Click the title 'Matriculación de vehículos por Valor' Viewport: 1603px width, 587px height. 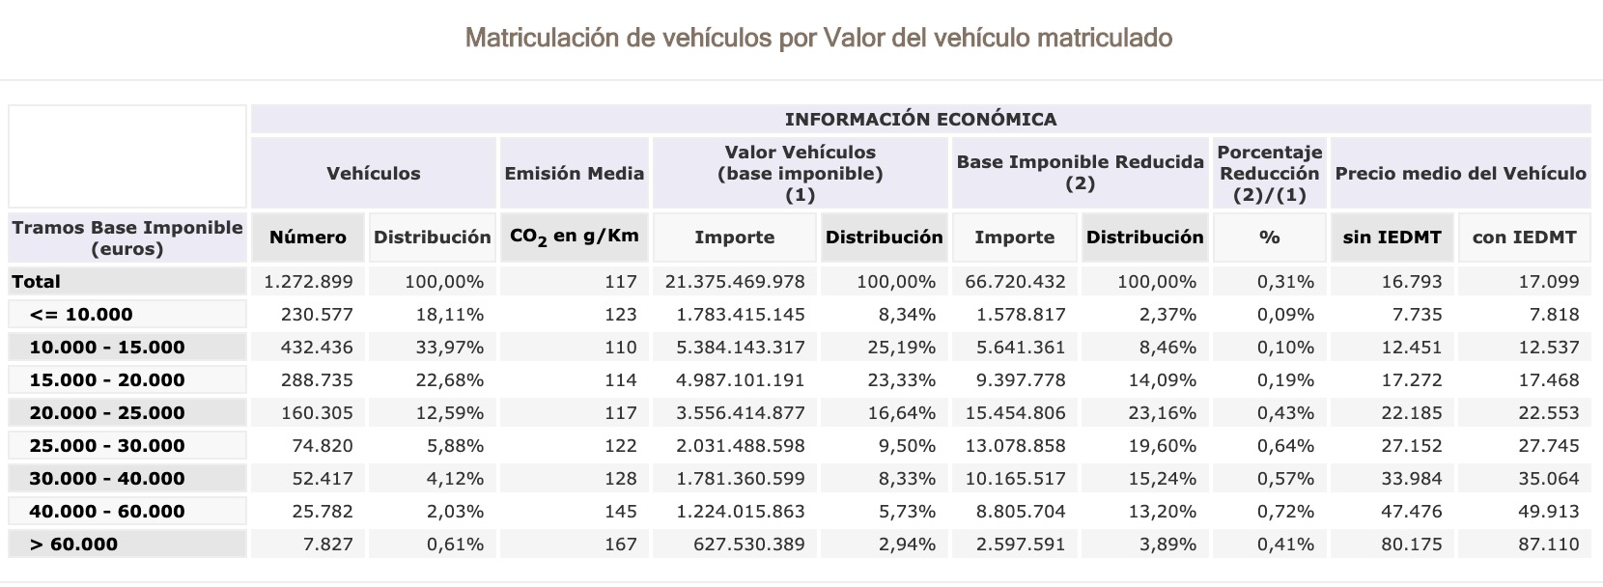[818, 38]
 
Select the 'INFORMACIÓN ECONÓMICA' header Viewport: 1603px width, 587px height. [920, 119]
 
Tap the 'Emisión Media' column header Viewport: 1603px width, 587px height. [574, 174]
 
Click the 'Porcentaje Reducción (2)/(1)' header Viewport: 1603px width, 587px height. [1269, 174]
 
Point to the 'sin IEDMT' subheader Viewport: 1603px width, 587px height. [1392, 238]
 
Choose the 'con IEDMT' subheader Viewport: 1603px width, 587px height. [1524, 238]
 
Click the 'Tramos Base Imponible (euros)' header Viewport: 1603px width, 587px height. [127, 238]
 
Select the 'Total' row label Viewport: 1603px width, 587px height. [37, 282]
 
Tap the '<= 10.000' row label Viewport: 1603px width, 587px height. [81, 315]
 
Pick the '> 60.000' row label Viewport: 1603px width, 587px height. [73, 545]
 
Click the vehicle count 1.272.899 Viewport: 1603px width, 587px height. [308, 282]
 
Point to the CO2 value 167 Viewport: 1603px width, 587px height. [620, 545]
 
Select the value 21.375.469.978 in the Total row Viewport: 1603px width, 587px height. [734, 282]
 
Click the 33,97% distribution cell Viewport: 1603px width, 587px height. [449, 348]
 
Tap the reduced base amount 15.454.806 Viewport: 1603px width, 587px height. [1015, 413]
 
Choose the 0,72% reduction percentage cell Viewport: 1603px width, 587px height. [1285, 512]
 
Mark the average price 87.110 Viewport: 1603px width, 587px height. [1548, 545]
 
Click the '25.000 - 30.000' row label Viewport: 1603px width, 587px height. [107, 446]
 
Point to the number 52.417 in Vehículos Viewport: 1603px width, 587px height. [322, 479]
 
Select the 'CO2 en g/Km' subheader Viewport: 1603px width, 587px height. [574, 238]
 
